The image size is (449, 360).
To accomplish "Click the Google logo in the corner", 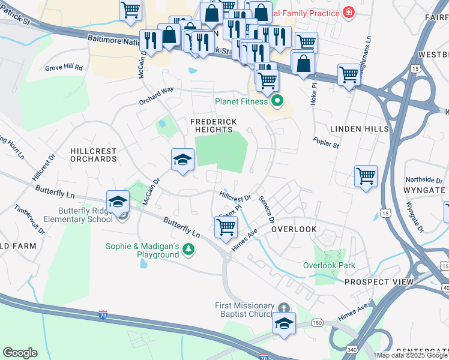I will (x=20, y=353).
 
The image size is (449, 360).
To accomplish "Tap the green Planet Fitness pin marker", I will (x=277, y=101).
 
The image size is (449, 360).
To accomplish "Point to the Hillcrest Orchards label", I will (x=93, y=155).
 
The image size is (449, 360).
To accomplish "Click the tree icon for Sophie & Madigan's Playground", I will (x=188, y=249).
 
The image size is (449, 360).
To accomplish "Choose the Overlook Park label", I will (x=329, y=265).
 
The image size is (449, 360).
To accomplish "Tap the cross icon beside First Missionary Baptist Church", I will (x=283, y=307).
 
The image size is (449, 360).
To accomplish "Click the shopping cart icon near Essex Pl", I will (x=226, y=227).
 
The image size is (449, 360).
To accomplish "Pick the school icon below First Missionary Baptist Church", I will (x=284, y=323).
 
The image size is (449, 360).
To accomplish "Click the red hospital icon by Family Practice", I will (x=348, y=13).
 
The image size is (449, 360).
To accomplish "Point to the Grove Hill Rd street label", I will (x=64, y=68).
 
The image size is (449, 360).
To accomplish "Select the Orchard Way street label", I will (x=156, y=89).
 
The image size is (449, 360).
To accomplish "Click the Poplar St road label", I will (x=326, y=142).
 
